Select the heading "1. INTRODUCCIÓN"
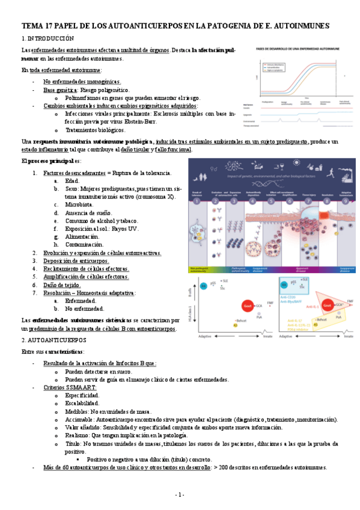pyautogui.click(x=47, y=38)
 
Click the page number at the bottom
pyautogui.click(x=180, y=494)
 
